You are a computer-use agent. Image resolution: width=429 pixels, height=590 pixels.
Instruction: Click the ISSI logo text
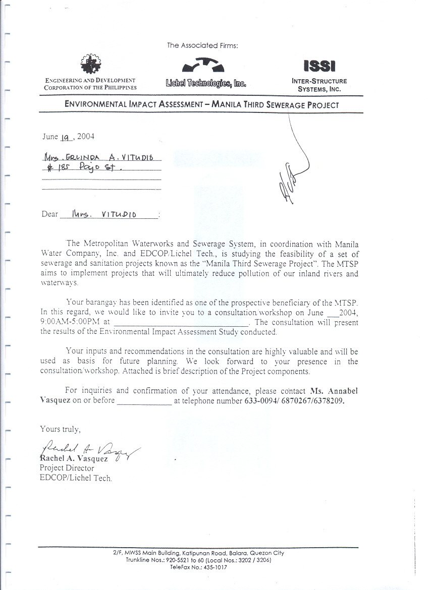pos(319,66)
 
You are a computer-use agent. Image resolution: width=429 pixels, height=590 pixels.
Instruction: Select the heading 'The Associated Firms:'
pos(202,45)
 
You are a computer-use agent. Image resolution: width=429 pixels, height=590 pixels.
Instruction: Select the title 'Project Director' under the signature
pos(67,468)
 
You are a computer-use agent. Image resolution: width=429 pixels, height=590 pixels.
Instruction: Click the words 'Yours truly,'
pos(60,429)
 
